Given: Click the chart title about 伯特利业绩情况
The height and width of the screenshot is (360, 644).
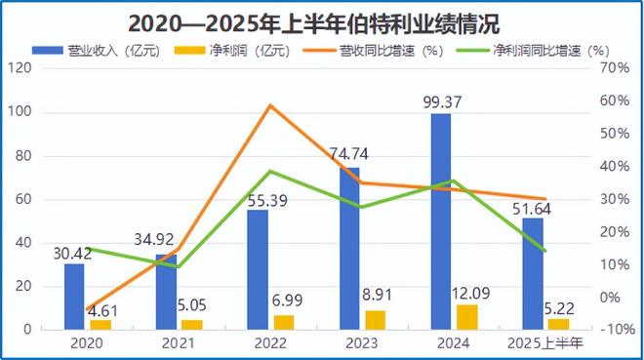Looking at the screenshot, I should click(x=322, y=20).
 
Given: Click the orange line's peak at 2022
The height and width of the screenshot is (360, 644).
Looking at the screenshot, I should click(x=271, y=105).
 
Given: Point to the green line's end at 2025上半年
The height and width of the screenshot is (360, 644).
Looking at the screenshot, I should click(x=545, y=251).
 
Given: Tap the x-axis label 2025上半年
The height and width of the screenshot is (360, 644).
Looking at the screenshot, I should click(x=545, y=343).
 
